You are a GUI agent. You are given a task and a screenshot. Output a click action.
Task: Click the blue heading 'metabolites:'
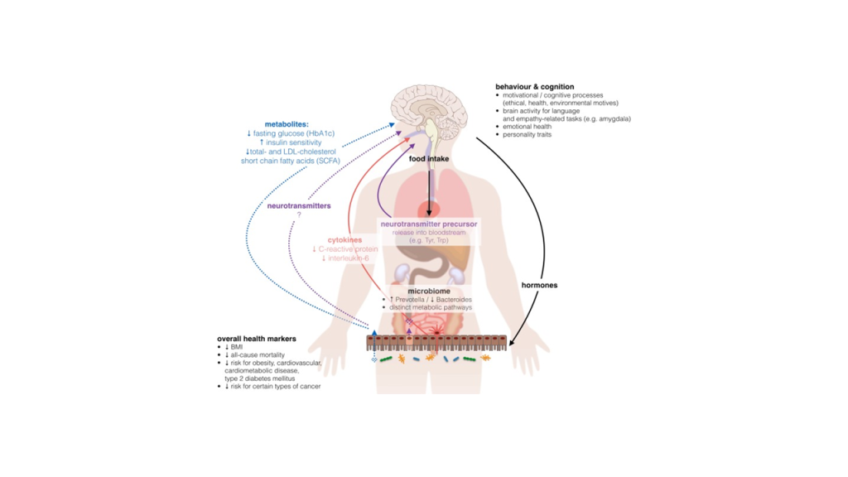tap(287, 124)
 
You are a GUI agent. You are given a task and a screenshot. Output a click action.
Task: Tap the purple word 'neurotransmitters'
tap(299, 205)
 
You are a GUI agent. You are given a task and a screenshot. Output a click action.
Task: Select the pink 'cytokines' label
tap(345, 239)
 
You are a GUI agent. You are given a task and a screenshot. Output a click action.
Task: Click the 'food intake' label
tap(429, 159)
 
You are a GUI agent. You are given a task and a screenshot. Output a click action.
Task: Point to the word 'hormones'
tap(539, 285)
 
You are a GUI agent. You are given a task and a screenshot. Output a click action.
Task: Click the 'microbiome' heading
tap(429, 291)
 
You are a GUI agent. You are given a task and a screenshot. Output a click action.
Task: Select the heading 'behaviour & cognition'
tap(535, 86)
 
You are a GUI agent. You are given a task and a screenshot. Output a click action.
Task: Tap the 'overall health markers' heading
tap(257, 339)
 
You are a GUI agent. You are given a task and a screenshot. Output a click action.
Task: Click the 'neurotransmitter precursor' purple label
tap(429, 224)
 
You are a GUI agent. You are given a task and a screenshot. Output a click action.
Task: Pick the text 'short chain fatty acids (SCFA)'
tap(291, 161)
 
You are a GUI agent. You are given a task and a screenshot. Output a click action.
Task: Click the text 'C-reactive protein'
tap(349, 248)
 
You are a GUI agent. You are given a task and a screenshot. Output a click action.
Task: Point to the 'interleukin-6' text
tap(349, 258)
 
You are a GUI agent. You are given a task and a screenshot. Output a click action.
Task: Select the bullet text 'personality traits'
tap(528, 135)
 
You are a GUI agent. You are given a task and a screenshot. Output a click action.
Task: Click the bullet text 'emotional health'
tap(528, 127)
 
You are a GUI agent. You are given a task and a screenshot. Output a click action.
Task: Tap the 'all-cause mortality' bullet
tap(258, 354)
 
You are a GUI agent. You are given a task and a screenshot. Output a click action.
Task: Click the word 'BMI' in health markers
tap(237, 347)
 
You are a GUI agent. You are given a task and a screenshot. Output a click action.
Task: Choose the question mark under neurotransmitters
tap(299, 214)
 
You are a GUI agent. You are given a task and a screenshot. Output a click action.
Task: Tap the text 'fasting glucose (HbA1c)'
tap(294, 133)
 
